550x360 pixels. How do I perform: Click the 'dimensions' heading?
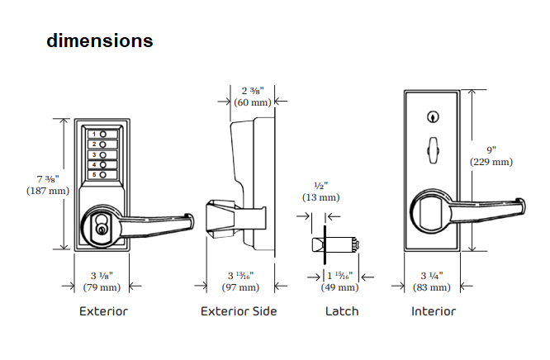[99, 40]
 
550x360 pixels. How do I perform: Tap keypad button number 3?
[102, 154]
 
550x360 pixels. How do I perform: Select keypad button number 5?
[102, 174]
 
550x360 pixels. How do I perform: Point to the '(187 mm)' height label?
[47, 191]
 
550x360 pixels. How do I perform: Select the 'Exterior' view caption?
[103, 311]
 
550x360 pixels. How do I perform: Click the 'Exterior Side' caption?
[239, 311]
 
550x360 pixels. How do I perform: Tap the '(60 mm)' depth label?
[252, 102]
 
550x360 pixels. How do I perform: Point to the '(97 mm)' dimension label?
[240, 287]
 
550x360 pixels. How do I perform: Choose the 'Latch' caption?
[342, 311]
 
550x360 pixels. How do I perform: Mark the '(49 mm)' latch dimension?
[339, 287]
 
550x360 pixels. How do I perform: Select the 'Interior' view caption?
[434, 311]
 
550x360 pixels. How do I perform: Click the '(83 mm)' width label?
[434, 287]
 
